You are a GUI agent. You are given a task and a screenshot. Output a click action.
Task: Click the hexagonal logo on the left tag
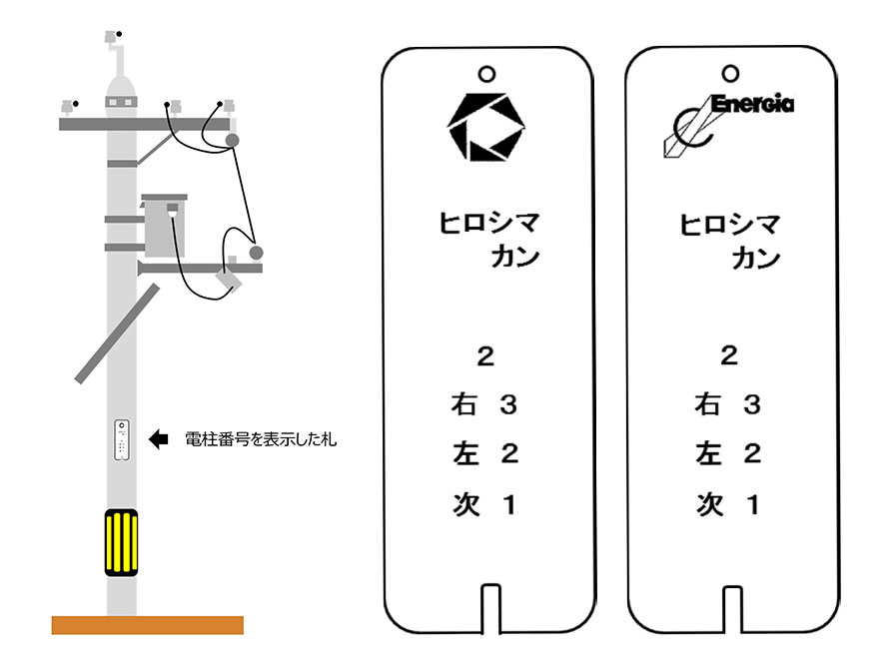(x=485, y=128)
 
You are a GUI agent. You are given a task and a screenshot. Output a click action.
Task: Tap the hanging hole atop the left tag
(x=486, y=73)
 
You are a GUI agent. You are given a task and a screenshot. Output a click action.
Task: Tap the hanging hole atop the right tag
(x=730, y=73)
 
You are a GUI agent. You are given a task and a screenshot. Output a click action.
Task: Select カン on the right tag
(x=756, y=258)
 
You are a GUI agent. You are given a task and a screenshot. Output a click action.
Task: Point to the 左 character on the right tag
(x=707, y=454)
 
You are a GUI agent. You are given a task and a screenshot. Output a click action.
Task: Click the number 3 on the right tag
(x=753, y=405)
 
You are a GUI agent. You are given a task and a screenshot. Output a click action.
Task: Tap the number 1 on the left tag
(x=509, y=505)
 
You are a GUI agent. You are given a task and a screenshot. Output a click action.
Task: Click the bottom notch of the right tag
(x=730, y=604)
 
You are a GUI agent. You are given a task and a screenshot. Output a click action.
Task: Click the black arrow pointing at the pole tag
(x=160, y=438)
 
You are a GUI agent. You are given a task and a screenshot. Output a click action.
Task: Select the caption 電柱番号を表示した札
(x=262, y=439)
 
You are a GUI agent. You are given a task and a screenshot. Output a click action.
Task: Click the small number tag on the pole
(x=122, y=439)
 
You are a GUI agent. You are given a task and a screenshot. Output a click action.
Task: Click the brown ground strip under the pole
(x=147, y=625)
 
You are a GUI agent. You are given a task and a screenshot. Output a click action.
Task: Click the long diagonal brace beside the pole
(x=118, y=333)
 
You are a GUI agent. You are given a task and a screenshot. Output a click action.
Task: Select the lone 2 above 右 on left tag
(x=485, y=356)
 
